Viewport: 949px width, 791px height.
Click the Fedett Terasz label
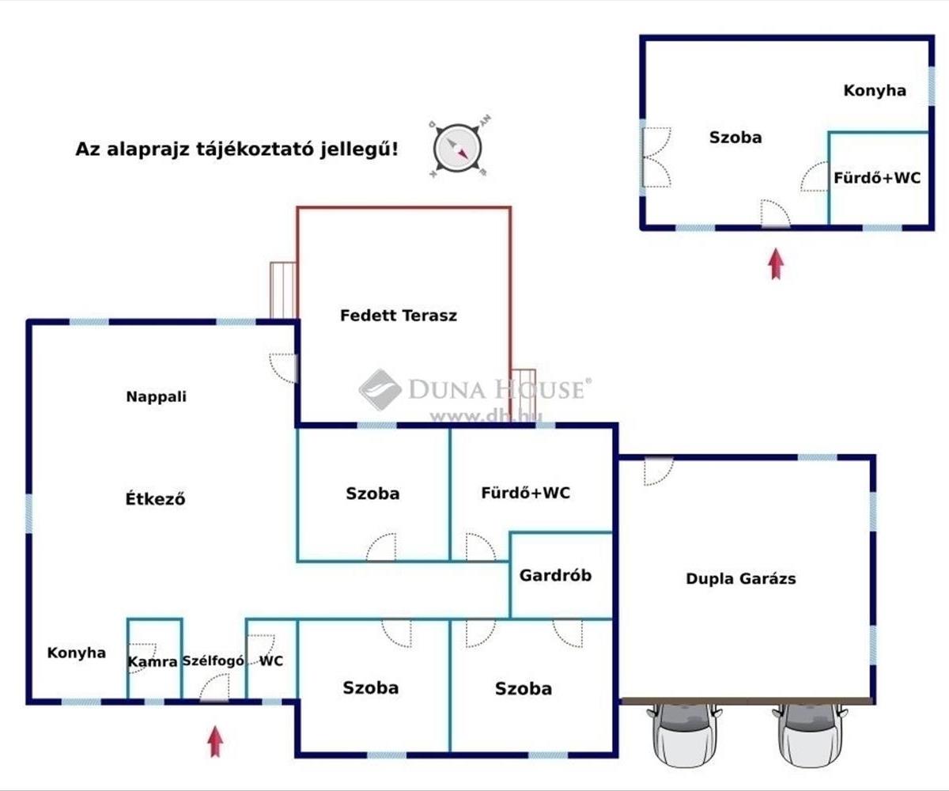point(399,315)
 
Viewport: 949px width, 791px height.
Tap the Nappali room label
point(157,396)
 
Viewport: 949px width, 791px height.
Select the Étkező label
point(156,498)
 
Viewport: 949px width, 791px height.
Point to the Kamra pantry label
point(153,662)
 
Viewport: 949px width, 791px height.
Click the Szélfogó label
point(214,660)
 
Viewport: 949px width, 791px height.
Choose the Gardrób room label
point(555,576)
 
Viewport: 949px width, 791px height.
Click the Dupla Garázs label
point(741,579)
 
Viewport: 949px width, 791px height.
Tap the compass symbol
point(458,148)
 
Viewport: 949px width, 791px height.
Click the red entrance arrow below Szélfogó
point(215,742)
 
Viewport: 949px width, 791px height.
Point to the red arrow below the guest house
point(777,263)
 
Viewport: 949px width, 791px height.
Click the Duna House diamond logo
point(380,390)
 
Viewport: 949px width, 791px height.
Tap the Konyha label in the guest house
point(875,90)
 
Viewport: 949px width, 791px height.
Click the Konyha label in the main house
point(77,653)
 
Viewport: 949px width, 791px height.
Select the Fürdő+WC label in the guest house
point(877,178)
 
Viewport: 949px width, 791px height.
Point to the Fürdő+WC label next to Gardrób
point(526,493)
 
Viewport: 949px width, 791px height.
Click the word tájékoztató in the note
point(255,149)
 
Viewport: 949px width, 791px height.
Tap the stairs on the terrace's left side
point(283,290)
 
